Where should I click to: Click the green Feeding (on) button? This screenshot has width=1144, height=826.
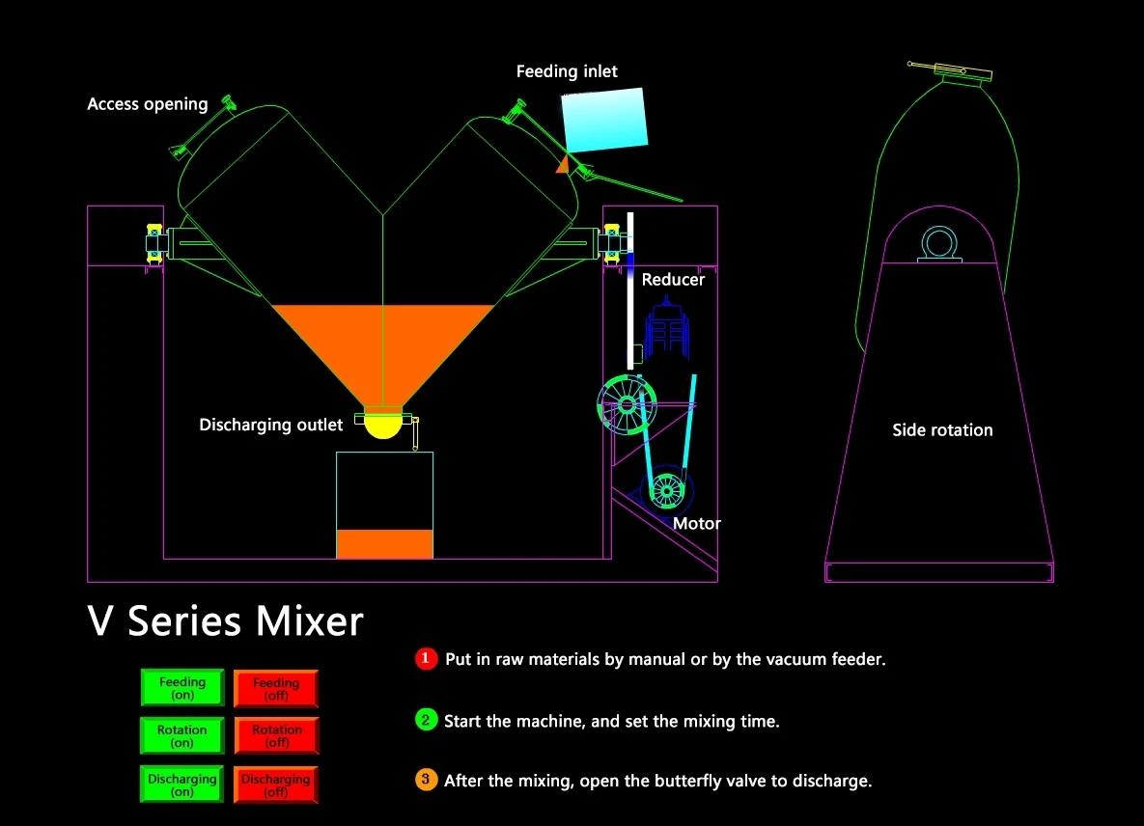point(182,687)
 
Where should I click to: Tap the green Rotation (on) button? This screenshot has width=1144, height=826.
point(182,735)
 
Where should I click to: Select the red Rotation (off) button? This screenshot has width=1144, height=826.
point(276,735)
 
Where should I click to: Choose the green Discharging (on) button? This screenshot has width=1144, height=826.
point(182,785)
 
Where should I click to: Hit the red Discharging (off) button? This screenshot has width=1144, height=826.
point(276,785)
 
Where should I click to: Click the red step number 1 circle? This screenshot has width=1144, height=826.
point(426,658)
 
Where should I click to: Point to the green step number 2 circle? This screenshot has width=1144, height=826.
point(426,720)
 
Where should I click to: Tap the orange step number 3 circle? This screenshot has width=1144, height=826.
point(426,780)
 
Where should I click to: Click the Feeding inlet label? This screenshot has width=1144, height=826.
point(567,71)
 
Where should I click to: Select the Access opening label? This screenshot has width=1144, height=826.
point(148,104)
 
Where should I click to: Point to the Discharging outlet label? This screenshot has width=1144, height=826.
point(270,425)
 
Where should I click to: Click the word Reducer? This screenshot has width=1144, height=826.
point(673,279)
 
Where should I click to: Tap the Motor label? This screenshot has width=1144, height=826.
point(697,523)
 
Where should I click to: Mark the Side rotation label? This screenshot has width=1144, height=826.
point(942,430)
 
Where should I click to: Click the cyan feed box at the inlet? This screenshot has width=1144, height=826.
point(604,120)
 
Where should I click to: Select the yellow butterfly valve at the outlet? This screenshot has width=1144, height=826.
point(383,425)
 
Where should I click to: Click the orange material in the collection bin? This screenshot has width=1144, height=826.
point(384,544)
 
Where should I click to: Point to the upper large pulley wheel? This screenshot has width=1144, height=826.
point(627,404)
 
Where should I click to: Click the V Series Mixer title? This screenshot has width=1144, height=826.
point(226,621)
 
